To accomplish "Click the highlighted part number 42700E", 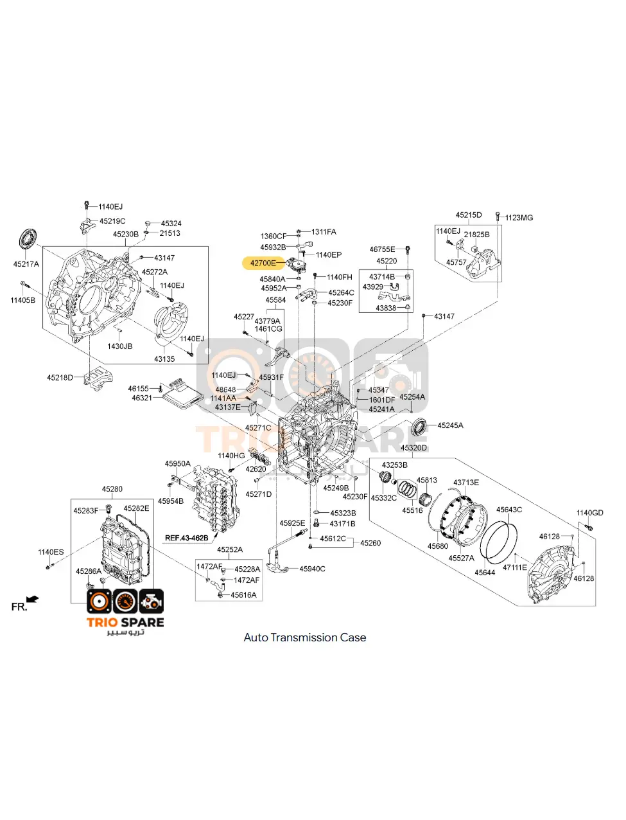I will pyautogui.click(x=263, y=263).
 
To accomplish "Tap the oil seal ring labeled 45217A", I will pyautogui.click(x=27, y=239).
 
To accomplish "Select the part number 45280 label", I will pyautogui.click(x=112, y=489).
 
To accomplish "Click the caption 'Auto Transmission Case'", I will pyautogui.click(x=305, y=637).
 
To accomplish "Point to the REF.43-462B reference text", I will pyautogui.click(x=186, y=538).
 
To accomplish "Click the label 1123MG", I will pyautogui.click(x=518, y=218).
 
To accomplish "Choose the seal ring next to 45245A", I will pyautogui.click(x=420, y=425).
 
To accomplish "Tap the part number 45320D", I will pyautogui.click(x=413, y=448).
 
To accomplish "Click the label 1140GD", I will pyautogui.click(x=589, y=513).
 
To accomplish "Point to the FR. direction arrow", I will pyautogui.click(x=32, y=600).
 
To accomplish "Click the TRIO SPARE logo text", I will pyautogui.click(x=125, y=622).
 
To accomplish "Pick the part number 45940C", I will pyautogui.click(x=312, y=569).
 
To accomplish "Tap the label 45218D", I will pyautogui.click(x=60, y=378).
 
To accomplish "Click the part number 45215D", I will pyautogui.click(x=469, y=215).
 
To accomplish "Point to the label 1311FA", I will pyautogui.click(x=324, y=232).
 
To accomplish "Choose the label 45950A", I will pyautogui.click(x=177, y=463).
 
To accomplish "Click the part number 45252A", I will pyautogui.click(x=229, y=549).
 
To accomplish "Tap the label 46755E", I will pyautogui.click(x=382, y=249).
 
